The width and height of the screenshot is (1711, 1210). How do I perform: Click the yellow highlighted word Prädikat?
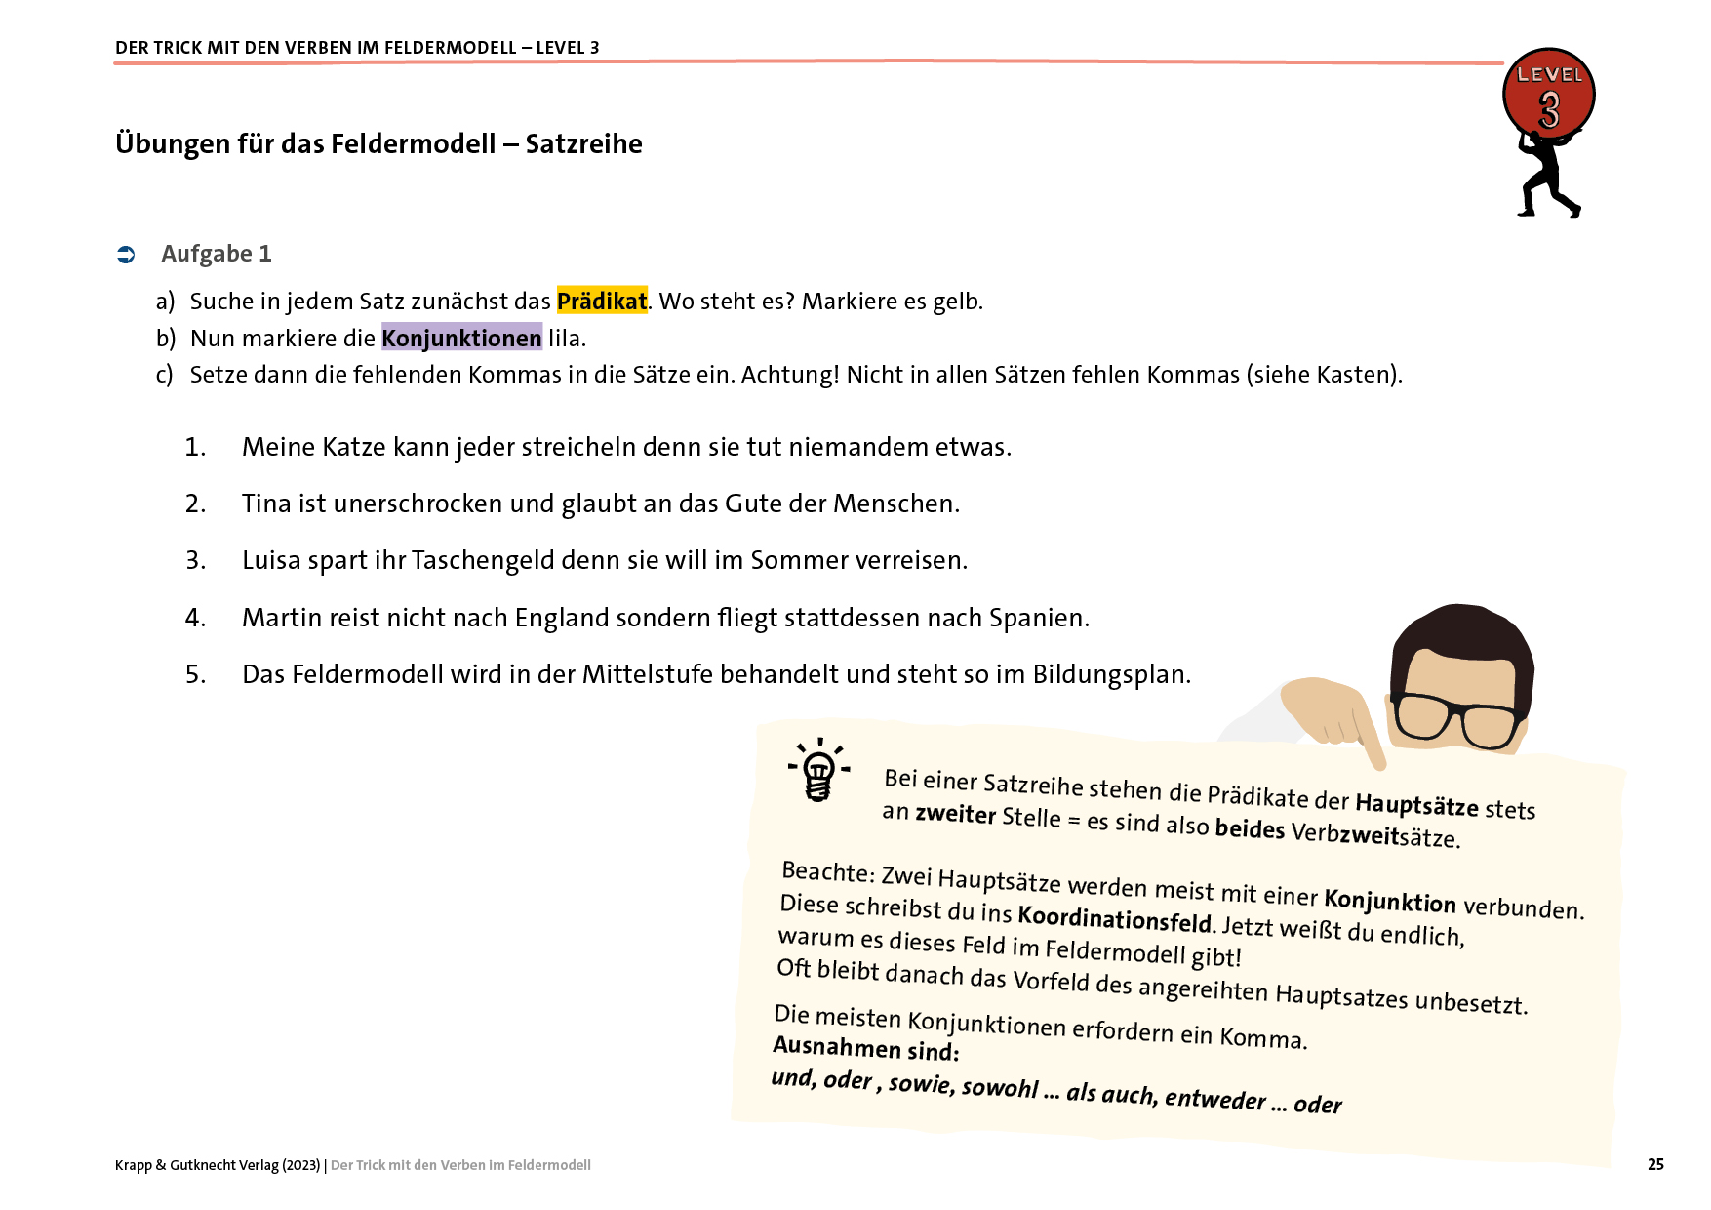[602, 301]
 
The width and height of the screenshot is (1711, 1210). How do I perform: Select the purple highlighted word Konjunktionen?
[461, 338]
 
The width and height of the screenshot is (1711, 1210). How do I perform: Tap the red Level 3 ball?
[1549, 94]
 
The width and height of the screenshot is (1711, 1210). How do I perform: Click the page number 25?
[1655, 1164]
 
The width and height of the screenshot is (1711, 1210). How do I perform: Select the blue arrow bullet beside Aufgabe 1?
[126, 255]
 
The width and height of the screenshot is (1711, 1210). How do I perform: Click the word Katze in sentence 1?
[354, 447]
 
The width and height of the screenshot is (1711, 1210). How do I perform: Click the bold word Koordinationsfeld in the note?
[1114, 917]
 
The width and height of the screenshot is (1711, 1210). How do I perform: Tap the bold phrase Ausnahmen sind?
[866, 1049]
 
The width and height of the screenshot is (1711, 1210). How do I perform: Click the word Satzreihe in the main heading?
[583, 144]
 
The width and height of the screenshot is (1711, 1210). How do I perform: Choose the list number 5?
[195, 674]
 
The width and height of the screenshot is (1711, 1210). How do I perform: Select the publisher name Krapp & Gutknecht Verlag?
[218, 1165]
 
